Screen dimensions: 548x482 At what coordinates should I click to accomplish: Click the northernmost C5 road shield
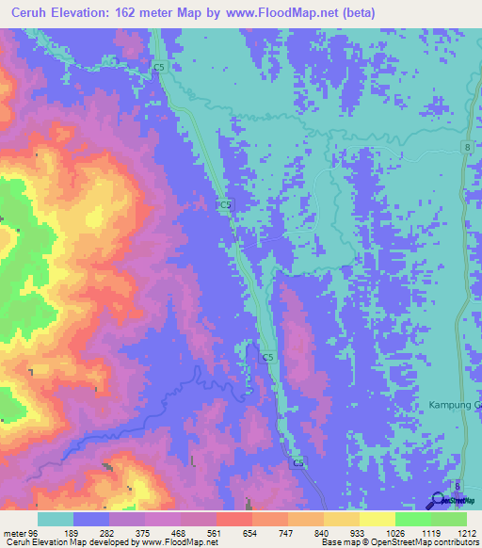coord(159,68)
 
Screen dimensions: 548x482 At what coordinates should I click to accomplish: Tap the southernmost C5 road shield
coord(297,462)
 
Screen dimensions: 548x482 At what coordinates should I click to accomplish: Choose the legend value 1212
coord(468,531)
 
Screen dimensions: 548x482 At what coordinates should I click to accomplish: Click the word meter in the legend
coord(13,531)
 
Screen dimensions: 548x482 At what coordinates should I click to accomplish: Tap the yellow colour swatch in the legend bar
coord(377,519)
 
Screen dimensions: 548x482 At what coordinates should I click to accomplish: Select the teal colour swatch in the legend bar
coord(56,519)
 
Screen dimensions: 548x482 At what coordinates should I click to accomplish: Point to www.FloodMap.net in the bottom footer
coord(178,542)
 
